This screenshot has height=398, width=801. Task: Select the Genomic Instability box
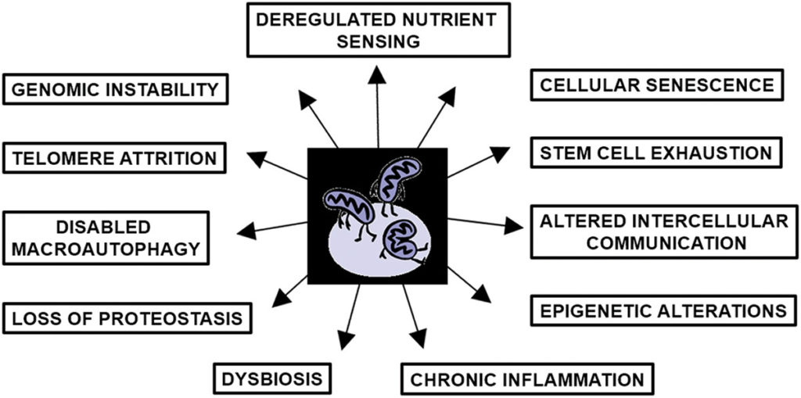point(116,89)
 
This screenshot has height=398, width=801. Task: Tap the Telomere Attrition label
point(116,158)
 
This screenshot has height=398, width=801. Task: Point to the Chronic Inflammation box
point(527,380)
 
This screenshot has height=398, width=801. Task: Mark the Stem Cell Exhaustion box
point(656,152)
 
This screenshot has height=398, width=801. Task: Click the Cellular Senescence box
point(656,84)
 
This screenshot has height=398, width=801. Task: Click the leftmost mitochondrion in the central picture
point(344,208)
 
